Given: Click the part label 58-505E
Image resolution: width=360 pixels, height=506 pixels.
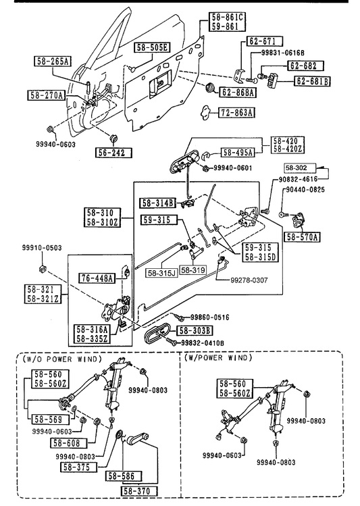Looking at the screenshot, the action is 152,48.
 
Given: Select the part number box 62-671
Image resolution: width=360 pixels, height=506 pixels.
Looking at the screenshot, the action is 265,41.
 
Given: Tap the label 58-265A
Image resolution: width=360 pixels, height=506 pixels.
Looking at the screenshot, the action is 53,61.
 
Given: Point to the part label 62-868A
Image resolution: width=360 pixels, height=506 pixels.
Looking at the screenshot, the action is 238,93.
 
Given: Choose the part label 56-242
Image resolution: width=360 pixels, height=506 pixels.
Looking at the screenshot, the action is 114,152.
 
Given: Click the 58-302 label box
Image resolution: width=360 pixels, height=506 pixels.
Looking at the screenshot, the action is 300,168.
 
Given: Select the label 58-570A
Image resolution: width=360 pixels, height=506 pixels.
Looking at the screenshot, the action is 302,237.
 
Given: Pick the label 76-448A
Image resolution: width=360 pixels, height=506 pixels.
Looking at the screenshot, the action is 97,278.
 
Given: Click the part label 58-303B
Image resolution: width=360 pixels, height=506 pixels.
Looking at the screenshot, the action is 195,330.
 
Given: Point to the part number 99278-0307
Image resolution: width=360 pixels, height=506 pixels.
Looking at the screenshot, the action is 249,280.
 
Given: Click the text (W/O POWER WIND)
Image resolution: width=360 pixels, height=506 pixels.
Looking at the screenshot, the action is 62,359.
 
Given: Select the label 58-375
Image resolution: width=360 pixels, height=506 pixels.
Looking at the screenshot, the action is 80,467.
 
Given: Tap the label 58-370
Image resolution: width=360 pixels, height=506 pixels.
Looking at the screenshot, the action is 140,491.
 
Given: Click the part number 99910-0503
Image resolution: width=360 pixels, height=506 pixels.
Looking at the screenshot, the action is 42,248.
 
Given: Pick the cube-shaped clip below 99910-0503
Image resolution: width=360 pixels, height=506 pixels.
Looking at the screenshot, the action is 42,268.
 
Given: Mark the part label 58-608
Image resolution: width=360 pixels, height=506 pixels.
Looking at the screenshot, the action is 69,443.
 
